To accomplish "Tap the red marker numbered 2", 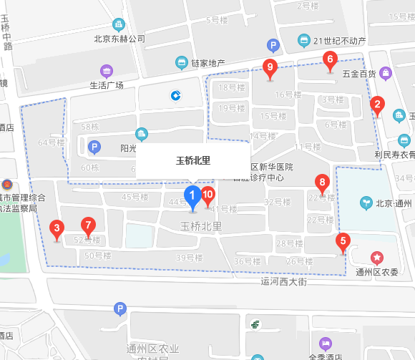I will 376,105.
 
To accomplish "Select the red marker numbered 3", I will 57,229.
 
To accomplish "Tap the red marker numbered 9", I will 270,68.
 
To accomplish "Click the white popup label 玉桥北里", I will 193,160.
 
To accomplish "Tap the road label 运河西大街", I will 283,282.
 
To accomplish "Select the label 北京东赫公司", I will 119,39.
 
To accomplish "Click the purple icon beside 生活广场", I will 107,71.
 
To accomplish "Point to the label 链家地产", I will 207,63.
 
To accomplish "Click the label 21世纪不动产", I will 339,41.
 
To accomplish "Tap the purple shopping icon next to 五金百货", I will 386,72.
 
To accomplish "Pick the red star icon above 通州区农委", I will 377,257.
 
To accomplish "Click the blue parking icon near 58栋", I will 93,147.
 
